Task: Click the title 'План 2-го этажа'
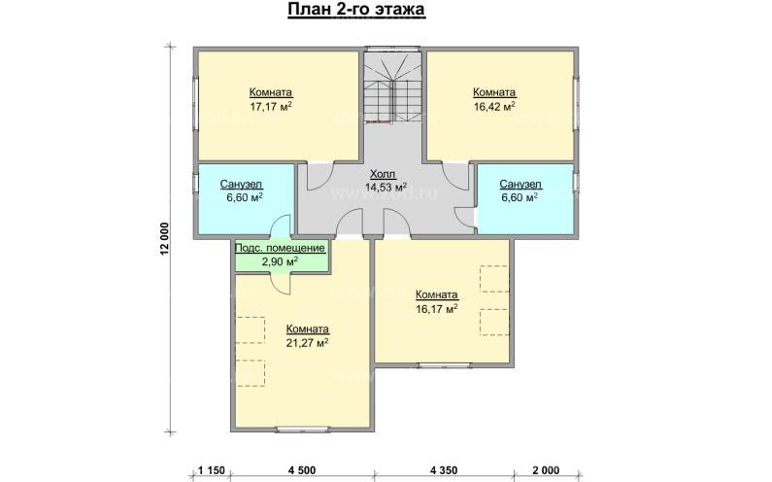(356, 10)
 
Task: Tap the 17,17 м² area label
(271, 106)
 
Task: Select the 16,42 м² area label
(494, 106)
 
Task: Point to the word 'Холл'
(383, 174)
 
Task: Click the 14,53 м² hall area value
(386, 187)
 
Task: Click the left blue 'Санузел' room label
(241, 185)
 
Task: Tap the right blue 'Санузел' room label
(520, 185)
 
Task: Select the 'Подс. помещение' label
(280, 248)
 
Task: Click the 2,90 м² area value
(280, 261)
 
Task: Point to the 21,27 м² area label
(308, 342)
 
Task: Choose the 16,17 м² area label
(437, 309)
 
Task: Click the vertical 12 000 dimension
(164, 239)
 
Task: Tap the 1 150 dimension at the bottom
(212, 470)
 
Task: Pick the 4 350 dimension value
(444, 470)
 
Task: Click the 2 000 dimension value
(546, 470)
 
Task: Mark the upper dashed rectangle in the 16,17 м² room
(494, 279)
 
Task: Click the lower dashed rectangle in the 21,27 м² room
(251, 373)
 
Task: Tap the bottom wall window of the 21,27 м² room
(302, 430)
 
